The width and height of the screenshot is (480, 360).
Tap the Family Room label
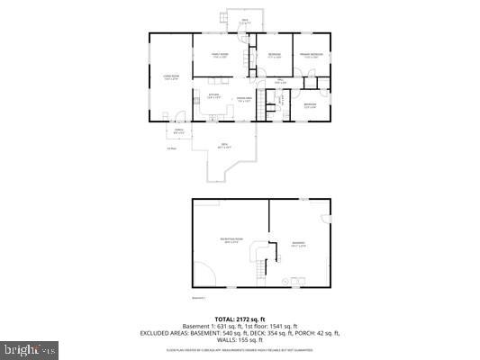[x=220, y=55]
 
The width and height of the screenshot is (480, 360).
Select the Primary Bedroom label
[x=312, y=55]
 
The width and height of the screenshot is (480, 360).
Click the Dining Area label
[x=243, y=99]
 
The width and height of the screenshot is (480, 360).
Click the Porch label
[x=179, y=130]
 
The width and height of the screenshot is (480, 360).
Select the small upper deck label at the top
[x=244, y=20]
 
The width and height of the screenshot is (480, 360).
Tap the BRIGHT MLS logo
[x=30, y=348]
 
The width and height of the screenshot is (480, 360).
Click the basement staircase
[x=261, y=263]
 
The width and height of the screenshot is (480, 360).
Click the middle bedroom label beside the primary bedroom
[x=274, y=55]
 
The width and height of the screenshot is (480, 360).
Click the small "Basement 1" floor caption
[x=200, y=297]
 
